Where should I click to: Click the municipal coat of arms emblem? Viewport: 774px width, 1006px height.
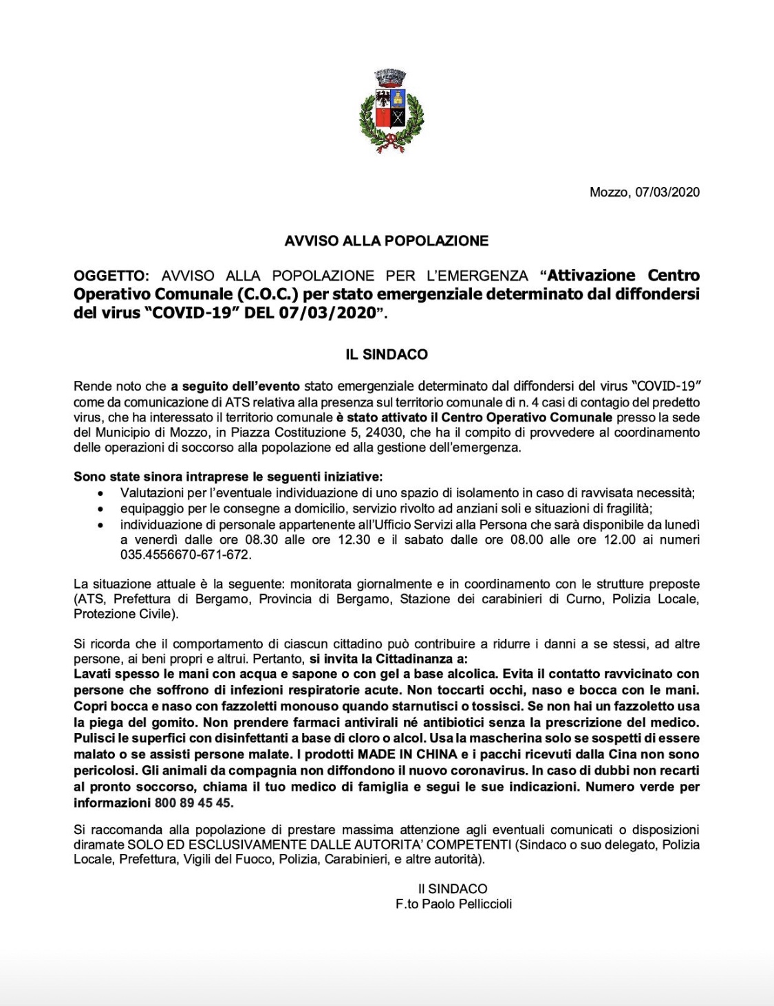point(391,111)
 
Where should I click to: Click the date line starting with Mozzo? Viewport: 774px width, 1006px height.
point(644,193)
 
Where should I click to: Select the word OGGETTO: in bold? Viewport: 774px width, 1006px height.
point(111,276)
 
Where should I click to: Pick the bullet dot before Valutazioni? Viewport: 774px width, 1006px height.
point(102,494)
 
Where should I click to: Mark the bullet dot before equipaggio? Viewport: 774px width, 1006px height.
point(102,510)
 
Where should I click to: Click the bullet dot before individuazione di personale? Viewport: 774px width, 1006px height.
point(102,525)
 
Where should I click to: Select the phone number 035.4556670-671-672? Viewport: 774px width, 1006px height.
point(186,554)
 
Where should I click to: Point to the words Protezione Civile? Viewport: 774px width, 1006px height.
point(125,614)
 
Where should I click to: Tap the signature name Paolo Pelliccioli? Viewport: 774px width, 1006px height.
point(466,904)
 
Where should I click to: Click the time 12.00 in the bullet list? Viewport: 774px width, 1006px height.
point(619,540)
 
